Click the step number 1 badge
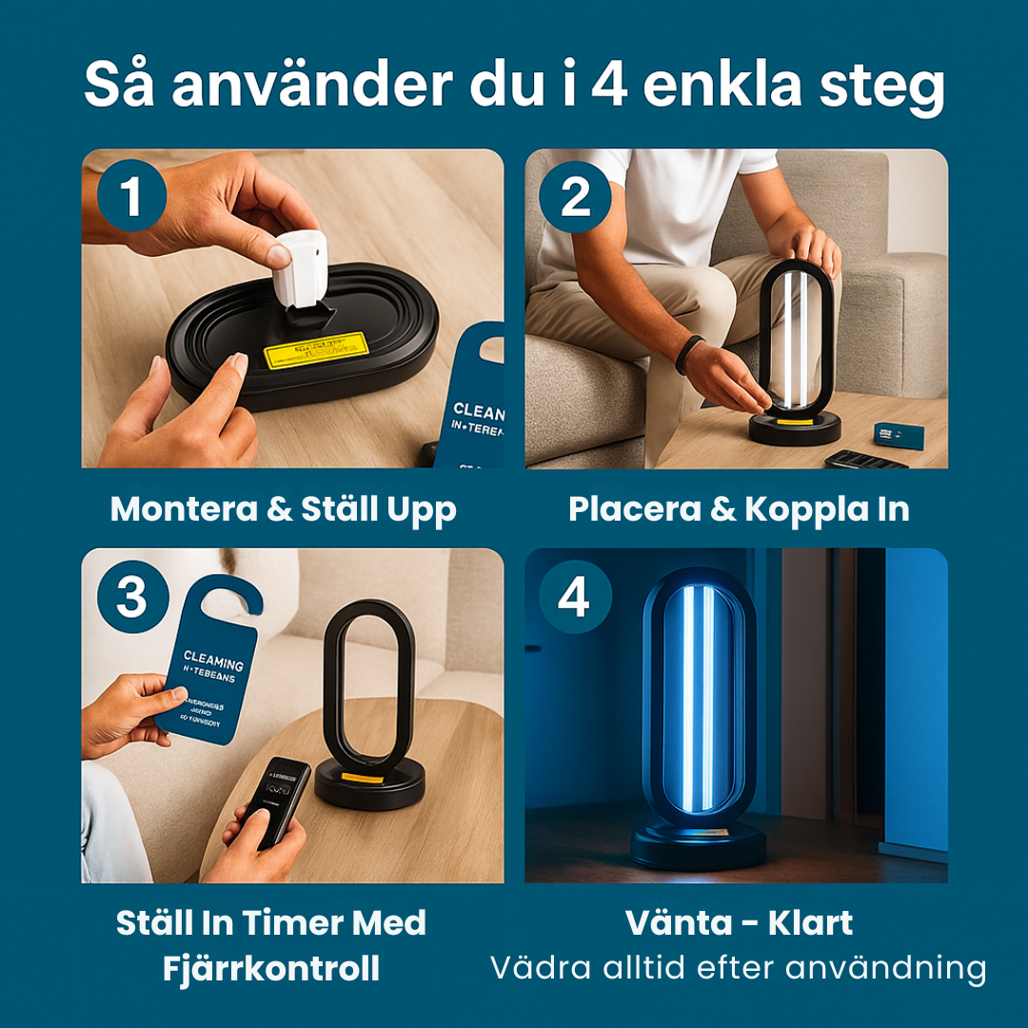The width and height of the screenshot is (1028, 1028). click(x=131, y=198)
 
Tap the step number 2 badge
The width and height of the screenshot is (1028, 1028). click(x=575, y=198)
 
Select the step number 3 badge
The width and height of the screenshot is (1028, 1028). click(x=131, y=597)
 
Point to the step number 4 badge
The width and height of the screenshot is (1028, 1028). click(x=575, y=597)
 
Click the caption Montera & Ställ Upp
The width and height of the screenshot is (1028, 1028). click(x=284, y=509)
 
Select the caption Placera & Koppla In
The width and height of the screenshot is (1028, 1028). click(x=739, y=509)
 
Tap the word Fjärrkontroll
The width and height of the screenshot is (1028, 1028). click(x=271, y=969)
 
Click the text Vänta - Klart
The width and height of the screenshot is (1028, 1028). click(x=739, y=922)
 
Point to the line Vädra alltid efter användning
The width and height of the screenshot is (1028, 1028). click(x=739, y=968)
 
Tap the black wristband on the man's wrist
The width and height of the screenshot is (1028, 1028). click(x=689, y=354)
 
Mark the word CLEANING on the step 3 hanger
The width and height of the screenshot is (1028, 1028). click(x=213, y=661)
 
